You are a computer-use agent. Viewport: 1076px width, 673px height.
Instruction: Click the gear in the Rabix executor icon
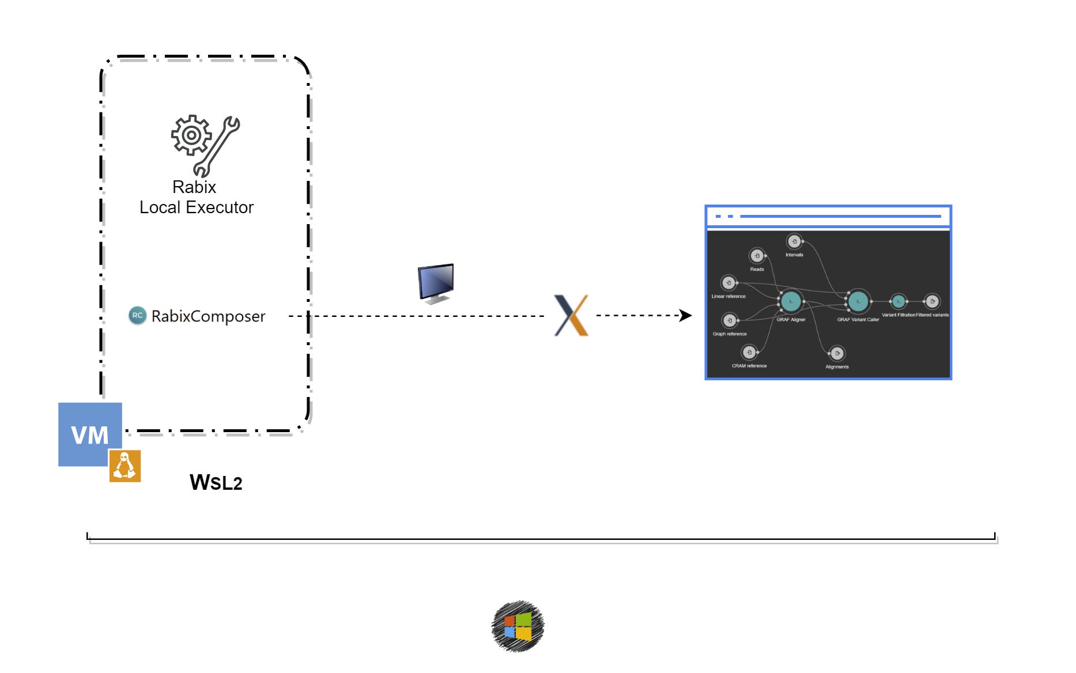click(191, 135)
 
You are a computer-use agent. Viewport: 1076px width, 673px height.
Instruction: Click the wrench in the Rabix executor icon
click(217, 147)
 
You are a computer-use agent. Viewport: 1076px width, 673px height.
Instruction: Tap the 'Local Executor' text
click(197, 207)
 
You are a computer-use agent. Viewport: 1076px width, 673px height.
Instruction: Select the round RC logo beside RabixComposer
click(137, 315)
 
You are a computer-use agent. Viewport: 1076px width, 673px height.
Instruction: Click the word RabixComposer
click(208, 316)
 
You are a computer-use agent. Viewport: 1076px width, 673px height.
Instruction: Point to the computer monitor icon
click(436, 283)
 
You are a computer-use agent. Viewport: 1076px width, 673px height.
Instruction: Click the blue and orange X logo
click(571, 315)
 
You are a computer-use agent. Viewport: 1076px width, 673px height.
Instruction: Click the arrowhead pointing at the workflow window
click(685, 315)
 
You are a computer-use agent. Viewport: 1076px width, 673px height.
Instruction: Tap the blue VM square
click(90, 434)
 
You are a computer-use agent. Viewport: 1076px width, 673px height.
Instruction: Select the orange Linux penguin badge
click(125, 466)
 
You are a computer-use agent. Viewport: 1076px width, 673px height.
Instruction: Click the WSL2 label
click(216, 483)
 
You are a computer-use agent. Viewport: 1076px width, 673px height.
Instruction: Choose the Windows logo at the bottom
click(518, 626)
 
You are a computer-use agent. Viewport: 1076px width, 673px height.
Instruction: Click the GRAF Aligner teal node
click(791, 301)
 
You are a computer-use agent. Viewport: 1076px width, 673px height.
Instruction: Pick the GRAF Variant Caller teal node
click(858, 301)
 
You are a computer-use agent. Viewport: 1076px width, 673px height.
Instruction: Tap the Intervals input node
click(794, 241)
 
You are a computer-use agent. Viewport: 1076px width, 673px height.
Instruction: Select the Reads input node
click(757, 255)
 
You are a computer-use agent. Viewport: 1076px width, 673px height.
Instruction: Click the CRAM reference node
click(749, 352)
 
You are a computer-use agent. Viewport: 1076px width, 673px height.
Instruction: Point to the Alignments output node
click(837, 353)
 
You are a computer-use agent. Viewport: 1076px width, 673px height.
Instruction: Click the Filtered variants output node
click(932, 301)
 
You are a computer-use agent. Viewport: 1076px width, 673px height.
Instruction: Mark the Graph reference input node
click(730, 320)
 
